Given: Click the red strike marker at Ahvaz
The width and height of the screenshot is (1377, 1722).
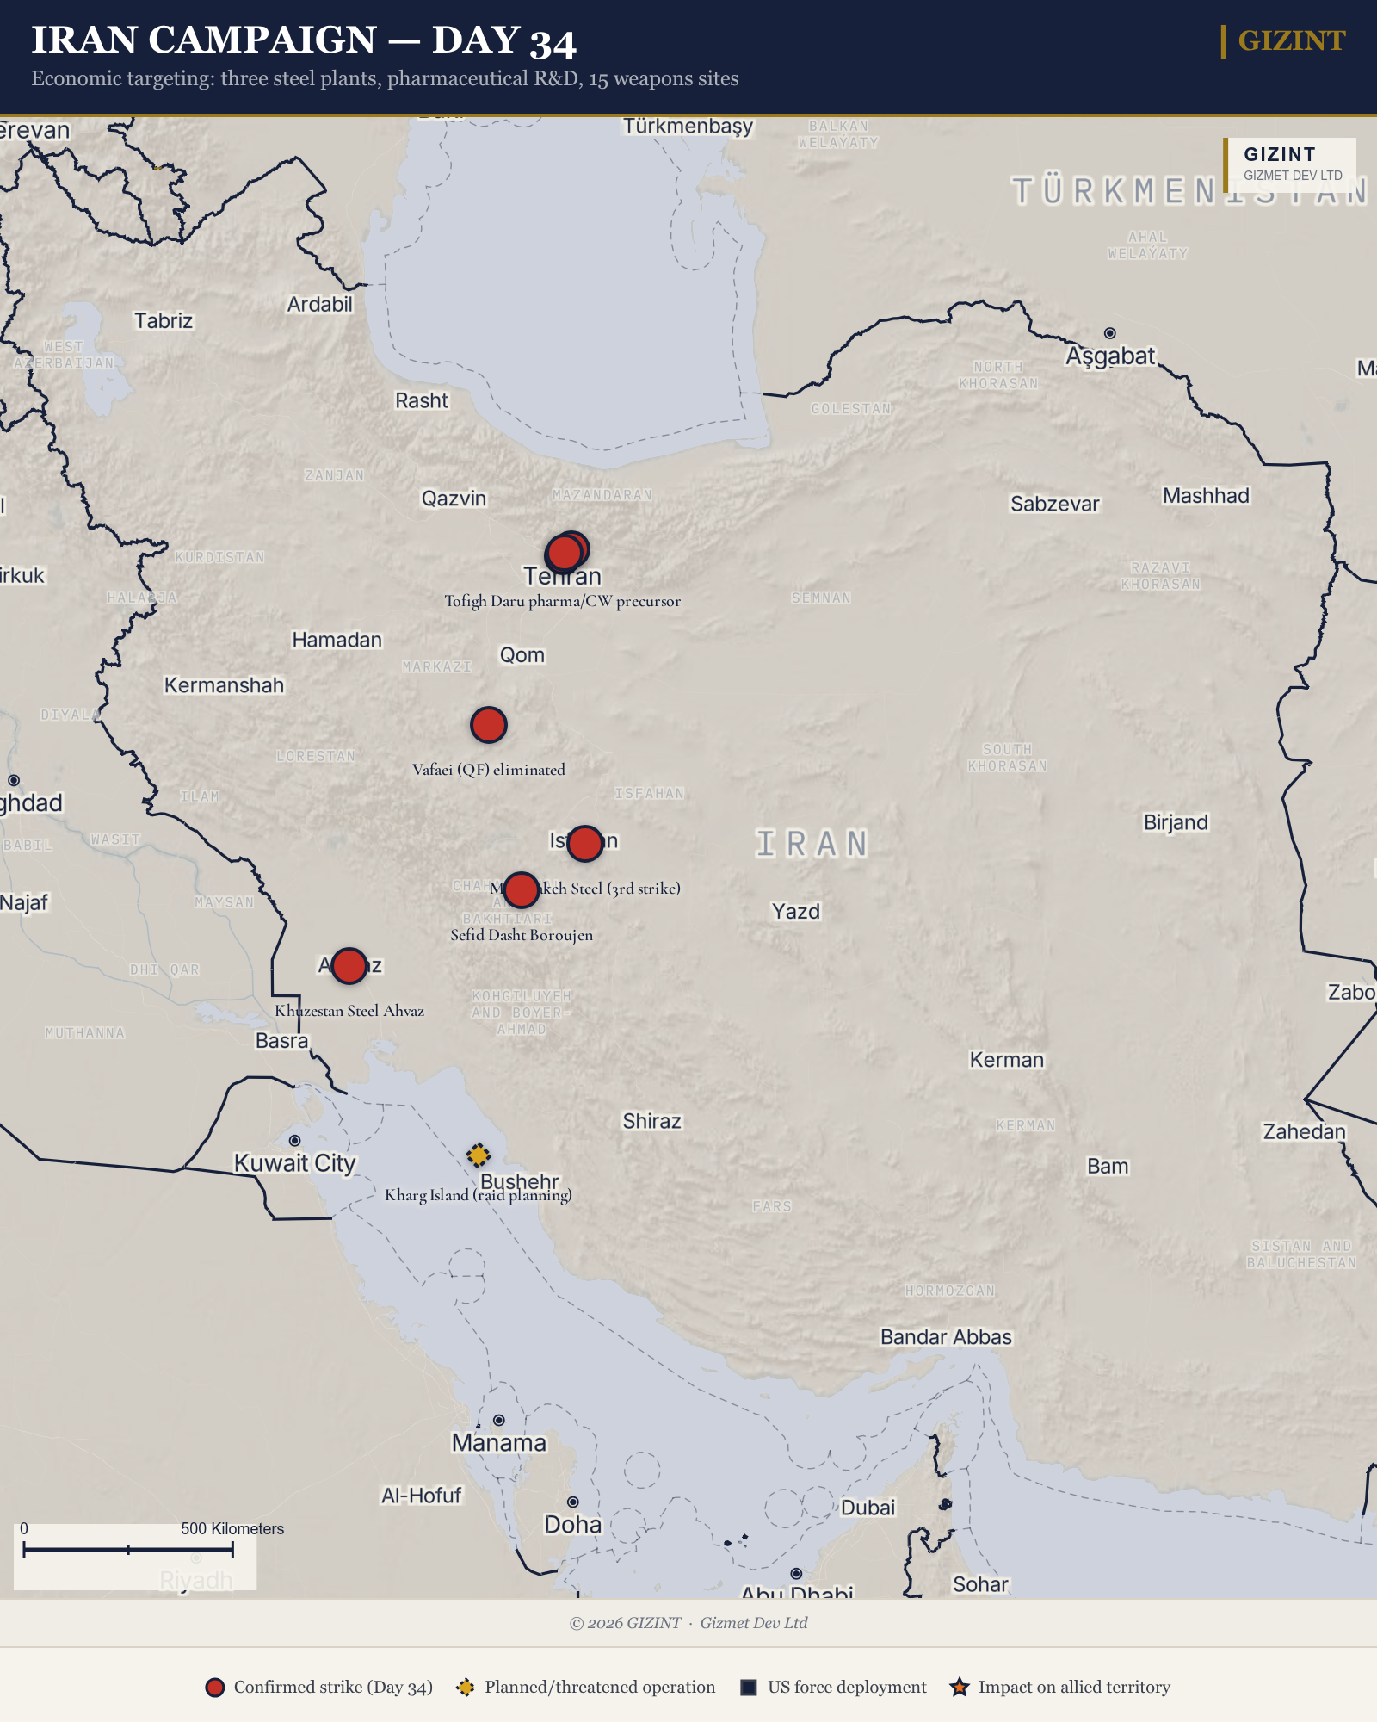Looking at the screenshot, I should [349, 966].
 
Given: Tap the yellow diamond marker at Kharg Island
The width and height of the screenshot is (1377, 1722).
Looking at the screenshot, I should [479, 1155].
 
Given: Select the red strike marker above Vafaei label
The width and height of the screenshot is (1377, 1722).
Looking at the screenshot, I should [488, 725].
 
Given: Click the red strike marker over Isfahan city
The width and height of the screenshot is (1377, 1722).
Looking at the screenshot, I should [585, 843].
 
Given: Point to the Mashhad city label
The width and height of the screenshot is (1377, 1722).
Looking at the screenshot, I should [1206, 496].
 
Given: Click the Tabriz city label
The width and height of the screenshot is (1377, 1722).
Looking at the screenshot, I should [164, 321].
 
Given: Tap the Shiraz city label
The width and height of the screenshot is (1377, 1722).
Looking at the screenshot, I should [651, 1121].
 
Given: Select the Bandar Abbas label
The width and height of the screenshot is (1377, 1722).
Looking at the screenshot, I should [946, 1337].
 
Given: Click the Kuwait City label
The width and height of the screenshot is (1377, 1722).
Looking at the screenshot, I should [294, 1163].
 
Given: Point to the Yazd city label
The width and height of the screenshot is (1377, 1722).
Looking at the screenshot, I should [796, 911].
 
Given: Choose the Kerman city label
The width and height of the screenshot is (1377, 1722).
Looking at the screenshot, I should [1006, 1060].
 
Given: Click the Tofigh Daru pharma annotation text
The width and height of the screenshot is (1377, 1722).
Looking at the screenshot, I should [562, 601].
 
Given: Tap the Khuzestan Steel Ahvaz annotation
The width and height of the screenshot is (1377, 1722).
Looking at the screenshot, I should [349, 1011].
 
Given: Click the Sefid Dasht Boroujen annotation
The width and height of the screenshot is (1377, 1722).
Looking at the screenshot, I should [522, 935].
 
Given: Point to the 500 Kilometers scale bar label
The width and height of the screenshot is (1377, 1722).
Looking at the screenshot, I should [232, 1528].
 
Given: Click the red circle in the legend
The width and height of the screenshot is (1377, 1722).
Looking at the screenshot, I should [215, 1688].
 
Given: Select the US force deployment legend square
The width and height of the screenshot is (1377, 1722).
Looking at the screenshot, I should [749, 1688].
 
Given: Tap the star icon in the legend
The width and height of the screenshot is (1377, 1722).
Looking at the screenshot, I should [960, 1688].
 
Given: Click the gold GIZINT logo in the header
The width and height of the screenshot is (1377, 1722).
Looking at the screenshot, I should [1291, 40].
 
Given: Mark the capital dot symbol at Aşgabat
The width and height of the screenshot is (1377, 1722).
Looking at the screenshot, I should [1110, 333].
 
